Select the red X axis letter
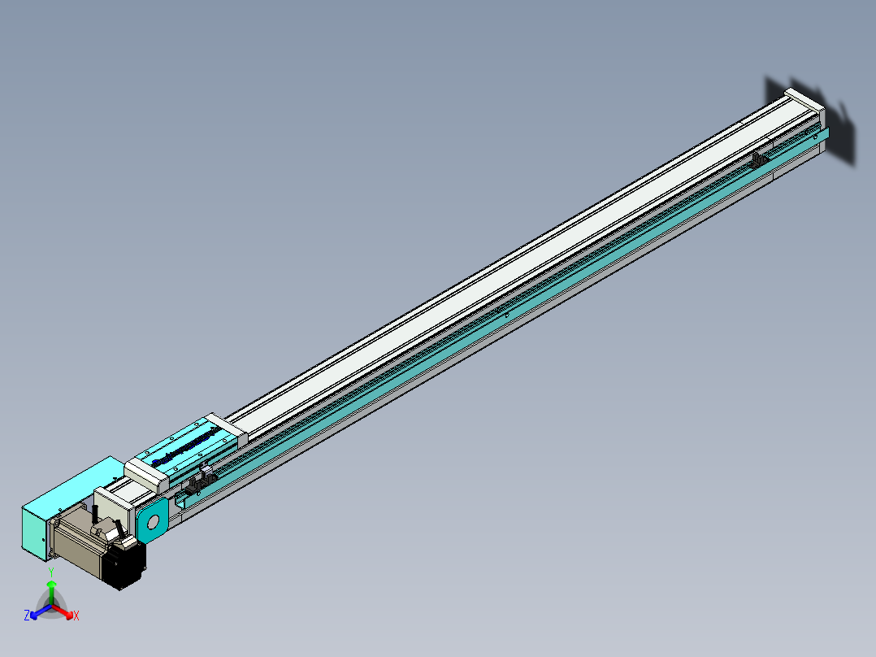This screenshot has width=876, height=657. point(76,616)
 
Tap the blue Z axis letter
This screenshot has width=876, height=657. point(27,616)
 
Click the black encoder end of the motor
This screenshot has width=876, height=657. point(128,566)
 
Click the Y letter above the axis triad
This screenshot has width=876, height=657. point(51,572)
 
